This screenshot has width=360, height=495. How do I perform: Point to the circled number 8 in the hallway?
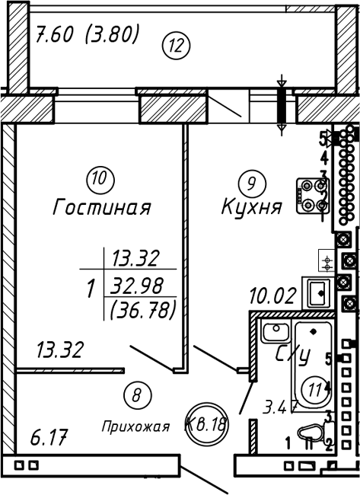[136, 395]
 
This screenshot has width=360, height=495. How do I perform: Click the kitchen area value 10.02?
[273, 295]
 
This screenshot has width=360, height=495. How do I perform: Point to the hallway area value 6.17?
[49, 437]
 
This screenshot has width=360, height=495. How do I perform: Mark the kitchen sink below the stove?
[317, 294]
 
